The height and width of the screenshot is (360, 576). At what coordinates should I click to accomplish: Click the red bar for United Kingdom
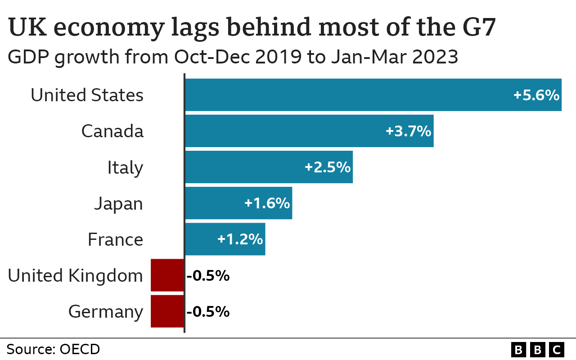167,275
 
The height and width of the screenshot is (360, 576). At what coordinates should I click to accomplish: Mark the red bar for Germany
167,311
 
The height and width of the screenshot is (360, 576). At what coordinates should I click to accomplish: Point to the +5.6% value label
536,95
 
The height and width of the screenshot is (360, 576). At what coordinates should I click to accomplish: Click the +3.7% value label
408,131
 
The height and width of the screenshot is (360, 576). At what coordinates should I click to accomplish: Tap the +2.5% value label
327,167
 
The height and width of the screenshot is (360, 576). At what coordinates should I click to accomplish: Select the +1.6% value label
267,203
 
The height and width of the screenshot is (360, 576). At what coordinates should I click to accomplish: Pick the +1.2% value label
240,239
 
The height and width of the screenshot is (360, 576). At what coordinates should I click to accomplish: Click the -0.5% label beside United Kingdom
208,275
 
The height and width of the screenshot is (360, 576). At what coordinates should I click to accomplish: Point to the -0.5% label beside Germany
208,311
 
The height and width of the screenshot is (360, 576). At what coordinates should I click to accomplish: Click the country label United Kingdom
75,275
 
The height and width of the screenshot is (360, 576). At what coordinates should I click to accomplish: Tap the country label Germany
106,311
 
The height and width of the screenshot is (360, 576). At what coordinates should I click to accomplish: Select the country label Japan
118,204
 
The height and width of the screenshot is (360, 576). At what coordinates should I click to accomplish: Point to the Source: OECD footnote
53,349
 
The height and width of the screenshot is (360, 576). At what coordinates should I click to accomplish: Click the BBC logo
538,349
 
